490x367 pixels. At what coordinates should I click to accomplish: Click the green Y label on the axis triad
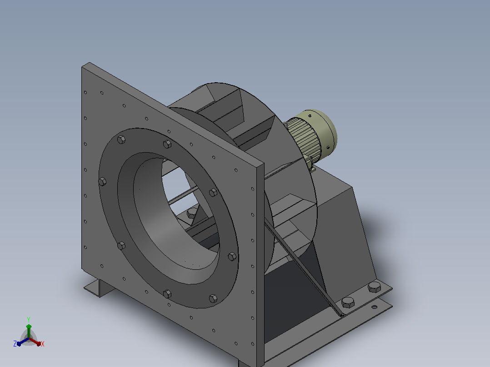29,319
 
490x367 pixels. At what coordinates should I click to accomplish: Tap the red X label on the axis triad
43,344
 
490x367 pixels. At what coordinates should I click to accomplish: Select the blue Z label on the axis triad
15,344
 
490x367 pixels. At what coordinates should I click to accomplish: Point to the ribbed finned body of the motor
303,138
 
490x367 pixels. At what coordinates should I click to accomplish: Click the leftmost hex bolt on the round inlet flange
102,182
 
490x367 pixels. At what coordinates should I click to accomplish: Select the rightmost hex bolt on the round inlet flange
232,257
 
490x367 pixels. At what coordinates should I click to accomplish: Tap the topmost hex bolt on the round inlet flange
121,139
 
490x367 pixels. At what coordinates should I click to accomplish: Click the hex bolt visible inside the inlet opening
191,213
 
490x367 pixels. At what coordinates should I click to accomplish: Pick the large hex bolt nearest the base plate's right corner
375,287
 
